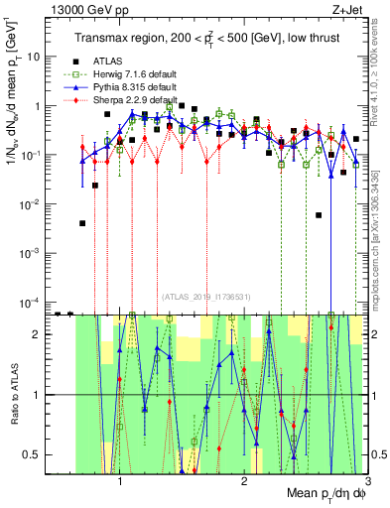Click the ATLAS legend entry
(108, 61)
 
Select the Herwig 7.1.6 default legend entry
(127, 74)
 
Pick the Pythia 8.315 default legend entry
(127, 87)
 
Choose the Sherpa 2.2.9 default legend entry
(127, 100)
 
